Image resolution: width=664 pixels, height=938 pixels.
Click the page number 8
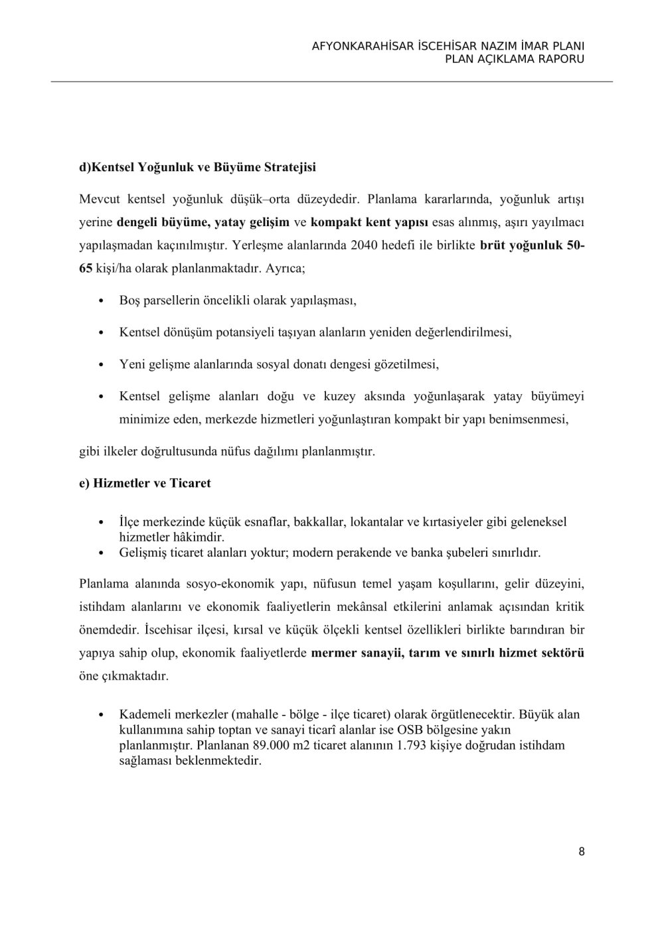coord(582,852)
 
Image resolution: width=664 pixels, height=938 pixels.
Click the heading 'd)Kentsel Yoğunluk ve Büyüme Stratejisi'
coord(197,167)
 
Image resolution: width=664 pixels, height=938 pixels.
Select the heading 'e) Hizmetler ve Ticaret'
coord(145,483)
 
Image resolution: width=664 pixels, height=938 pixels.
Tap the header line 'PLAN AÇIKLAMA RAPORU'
coord(515,59)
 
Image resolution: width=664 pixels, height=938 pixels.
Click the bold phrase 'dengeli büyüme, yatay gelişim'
coord(203,222)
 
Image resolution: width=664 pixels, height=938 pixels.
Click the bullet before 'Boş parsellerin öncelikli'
coord(100,301)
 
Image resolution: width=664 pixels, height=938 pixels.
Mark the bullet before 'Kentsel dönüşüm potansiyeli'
coord(100,333)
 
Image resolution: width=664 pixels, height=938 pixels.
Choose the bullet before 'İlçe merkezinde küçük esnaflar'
coord(100,523)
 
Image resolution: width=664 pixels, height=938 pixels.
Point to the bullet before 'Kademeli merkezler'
coord(100,715)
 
